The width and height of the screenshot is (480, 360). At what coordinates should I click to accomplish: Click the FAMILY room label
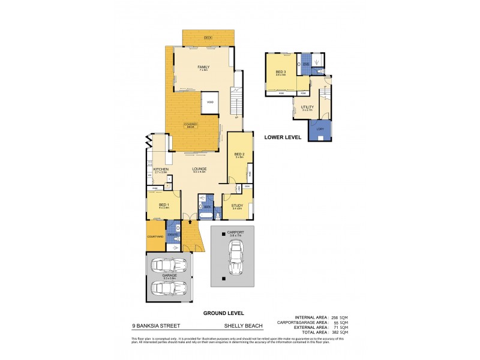(203, 67)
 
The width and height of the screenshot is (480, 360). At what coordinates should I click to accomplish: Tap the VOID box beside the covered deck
(210, 103)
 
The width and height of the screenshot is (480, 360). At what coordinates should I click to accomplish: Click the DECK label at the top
(208, 37)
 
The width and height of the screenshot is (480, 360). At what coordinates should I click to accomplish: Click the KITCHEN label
(160, 170)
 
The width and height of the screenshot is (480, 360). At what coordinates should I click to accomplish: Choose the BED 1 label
(163, 205)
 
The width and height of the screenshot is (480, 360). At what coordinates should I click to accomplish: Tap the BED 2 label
(239, 154)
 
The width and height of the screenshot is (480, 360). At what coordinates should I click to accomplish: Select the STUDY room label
(237, 206)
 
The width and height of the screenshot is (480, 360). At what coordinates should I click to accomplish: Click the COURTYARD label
(155, 236)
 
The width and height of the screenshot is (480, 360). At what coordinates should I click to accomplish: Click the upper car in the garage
(169, 265)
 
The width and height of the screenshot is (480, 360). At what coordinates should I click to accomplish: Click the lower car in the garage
(169, 287)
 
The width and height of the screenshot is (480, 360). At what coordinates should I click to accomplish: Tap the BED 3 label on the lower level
(280, 73)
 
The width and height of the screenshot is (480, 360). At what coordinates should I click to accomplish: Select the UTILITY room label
(307, 107)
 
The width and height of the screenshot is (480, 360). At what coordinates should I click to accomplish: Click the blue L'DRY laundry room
(319, 130)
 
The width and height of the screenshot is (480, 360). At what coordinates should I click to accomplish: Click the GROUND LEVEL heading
(223, 313)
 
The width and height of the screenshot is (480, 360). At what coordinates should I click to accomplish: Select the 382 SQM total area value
(341, 332)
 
